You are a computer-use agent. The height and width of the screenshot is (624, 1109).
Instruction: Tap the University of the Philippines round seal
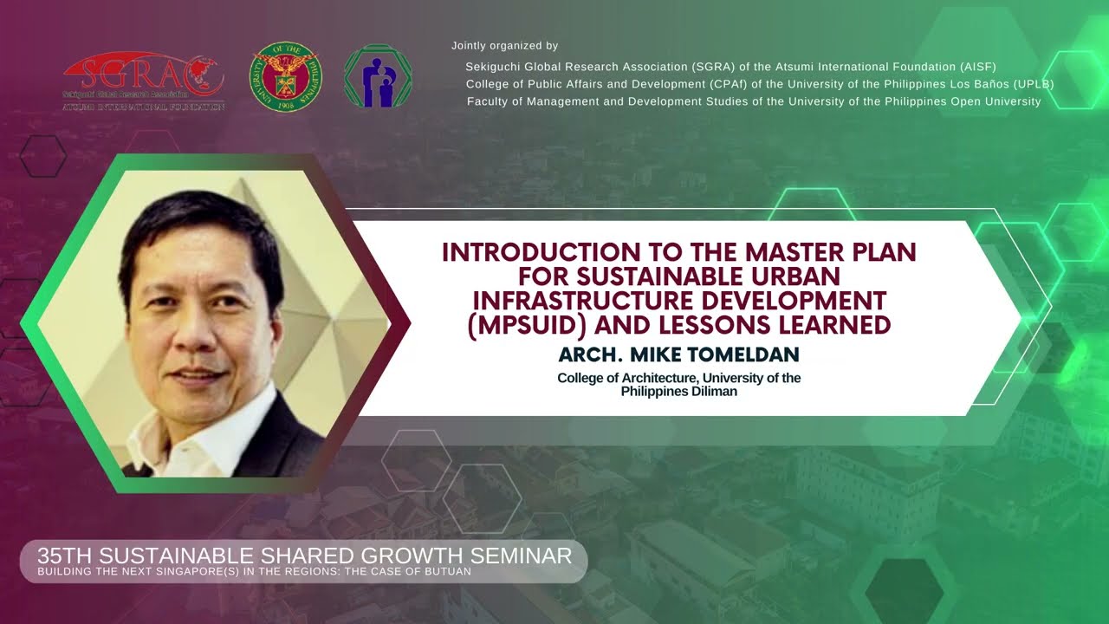pos(286,76)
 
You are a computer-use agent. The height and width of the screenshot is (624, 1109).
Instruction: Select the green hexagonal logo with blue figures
pos(378,75)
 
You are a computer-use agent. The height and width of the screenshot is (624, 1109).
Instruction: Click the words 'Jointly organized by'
pos(504,46)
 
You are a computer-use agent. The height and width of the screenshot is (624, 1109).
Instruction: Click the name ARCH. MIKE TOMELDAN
pos(678,354)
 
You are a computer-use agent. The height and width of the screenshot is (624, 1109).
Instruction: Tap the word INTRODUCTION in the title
pos(542,252)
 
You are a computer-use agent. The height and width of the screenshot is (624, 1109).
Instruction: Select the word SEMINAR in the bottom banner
pos(521,556)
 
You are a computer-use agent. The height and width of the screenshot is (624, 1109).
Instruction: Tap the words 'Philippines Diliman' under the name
pos(678,392)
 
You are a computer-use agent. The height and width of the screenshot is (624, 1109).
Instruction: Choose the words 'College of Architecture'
pos(628,378)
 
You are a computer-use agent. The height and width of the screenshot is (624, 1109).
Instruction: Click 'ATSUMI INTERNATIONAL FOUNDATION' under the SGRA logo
pos(144,107)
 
